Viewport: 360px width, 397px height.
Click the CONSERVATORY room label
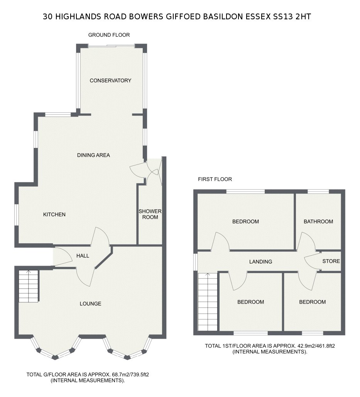click(x=110, y=80)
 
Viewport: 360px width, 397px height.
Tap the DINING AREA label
click(x=93, y=155)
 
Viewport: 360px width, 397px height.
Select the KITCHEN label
click(x=54, y=214)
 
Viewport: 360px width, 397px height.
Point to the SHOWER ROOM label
click(x=150, y=214)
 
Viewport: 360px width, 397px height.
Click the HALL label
click(x=83, y=256)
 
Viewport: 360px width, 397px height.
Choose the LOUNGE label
click(x=90, y=304)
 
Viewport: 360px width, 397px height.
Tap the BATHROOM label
click(x=318, y=222)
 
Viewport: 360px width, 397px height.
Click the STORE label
click(x=331, y=261)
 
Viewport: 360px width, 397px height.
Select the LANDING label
click(x=260, y=261)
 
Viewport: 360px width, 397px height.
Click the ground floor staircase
click(x=28, y=286)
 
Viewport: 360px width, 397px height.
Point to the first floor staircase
click(x=208, y=302)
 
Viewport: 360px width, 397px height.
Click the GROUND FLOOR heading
click(x=109, y=35)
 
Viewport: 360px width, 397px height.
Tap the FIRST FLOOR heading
click(x=215, y=179)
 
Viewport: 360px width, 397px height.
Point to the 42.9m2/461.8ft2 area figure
click(x=316, y=346)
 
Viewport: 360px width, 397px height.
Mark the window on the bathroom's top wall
click(x=318, y=192)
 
